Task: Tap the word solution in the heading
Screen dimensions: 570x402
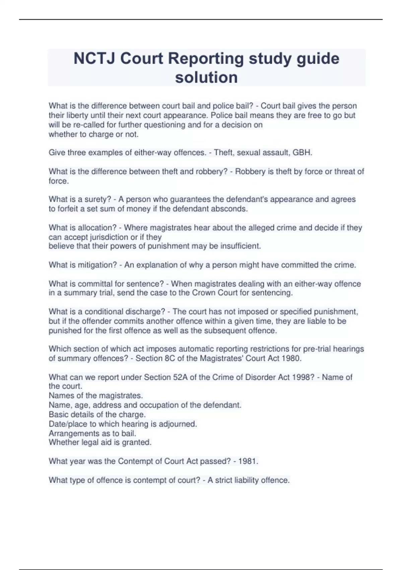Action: pyautogui.click(x=206, y=77)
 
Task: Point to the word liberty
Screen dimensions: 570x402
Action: pyautogui.click(x=76, y=115)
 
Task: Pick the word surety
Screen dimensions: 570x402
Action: pyautogui.click(x=98, y=199)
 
